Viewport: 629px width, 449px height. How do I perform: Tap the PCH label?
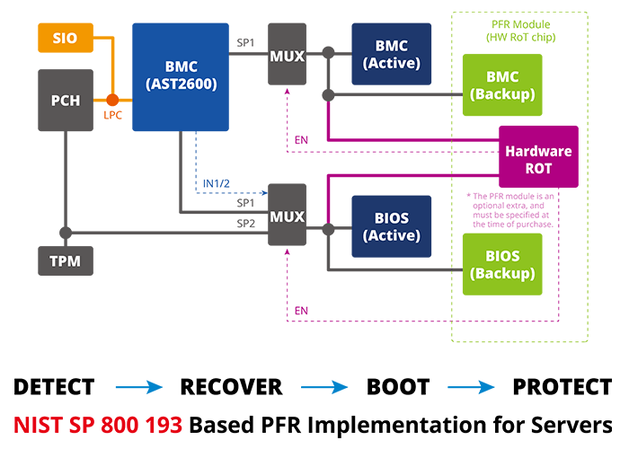pos(65,100)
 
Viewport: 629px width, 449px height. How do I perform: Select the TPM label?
pos(65,261)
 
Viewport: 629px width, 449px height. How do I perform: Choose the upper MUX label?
pos(287,57)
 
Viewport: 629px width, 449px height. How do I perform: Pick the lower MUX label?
pos(287,216)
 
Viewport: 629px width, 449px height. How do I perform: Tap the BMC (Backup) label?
pos(503,85)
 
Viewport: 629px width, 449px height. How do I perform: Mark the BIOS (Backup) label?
pos(503,264)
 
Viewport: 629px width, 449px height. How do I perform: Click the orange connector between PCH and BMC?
pos(112,121)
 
